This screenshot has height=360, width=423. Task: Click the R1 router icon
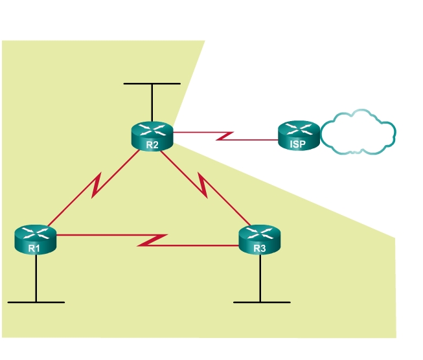(x=35, y=239)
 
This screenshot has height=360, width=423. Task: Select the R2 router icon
(x=152, y=136)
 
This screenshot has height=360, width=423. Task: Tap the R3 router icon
(x=260, y=239)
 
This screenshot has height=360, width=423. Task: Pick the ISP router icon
(x=299, y=136)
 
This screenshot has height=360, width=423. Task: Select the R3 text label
(x=260, y=248)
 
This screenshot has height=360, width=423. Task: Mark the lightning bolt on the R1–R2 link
(x=97, y=185)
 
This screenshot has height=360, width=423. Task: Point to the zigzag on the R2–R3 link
(x=205, y=186)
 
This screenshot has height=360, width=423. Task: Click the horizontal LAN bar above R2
(x=152, y=84)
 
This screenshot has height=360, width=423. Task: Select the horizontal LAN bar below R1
(x=36, y=302)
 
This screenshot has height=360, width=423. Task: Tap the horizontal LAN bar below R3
(x=262, y=302)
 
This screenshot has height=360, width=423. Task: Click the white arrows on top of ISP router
(x=299, y=129)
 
